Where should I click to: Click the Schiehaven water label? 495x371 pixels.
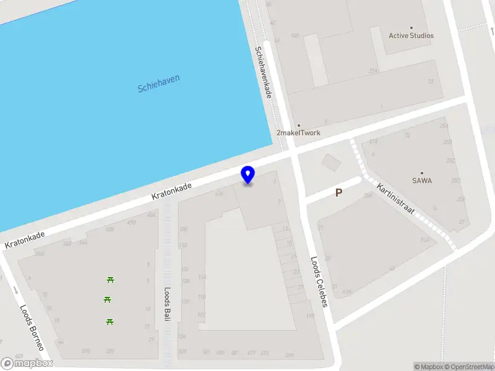pos(159,83)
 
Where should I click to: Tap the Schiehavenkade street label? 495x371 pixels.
pos(264,73)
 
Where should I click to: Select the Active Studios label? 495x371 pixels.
pos(411,35)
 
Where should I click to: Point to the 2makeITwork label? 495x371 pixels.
pos(298,133)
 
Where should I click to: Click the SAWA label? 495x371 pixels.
pos(422,181)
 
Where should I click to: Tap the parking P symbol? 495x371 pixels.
pos(338,193)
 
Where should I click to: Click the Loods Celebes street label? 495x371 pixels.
pos(319,277)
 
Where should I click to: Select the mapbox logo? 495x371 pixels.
pos(27,363)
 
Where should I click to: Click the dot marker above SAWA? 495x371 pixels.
pos(422,173)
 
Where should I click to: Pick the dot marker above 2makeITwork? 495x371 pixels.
pos(298,126)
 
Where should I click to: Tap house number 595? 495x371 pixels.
pos(85,351)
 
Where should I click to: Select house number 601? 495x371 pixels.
pos(19,356)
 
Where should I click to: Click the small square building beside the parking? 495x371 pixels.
pos(331,163)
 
